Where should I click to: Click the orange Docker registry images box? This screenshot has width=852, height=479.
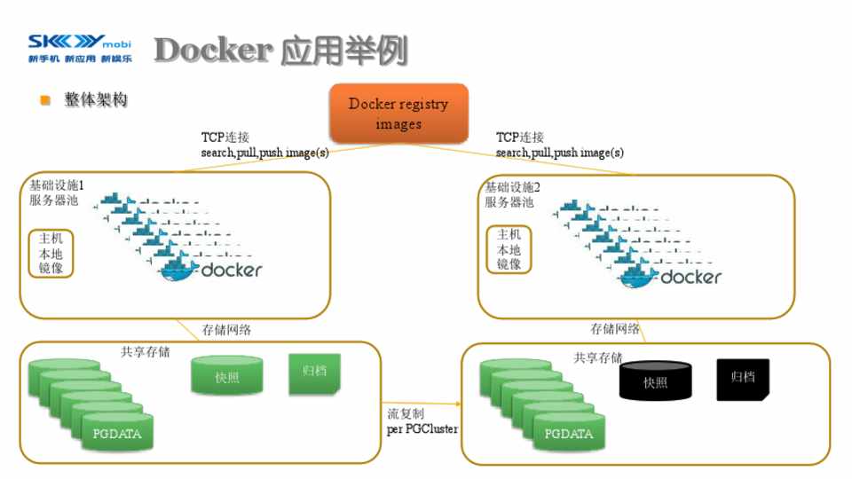(x=398, y=114)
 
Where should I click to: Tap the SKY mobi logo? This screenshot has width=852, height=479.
(x=79, y=49)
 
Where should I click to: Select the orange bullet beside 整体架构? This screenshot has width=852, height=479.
(x=45, y=100)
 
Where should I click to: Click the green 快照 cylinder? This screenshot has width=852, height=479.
(x=227, y=376)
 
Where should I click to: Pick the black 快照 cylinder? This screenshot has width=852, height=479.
(x=655, y=381)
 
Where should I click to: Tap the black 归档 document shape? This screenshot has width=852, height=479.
(x=743, y=378)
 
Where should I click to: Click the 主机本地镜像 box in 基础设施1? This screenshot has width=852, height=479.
(x=51, y=253)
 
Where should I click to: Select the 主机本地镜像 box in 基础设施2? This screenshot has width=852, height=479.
(x=509, y=249)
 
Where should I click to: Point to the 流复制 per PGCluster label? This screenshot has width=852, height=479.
(x=422, y=421)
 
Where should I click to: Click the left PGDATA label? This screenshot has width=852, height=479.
(x=117, y=434)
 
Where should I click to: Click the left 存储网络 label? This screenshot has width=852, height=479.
(x=226, y=329)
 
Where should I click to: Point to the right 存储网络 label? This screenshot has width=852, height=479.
(x=616, y=329)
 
